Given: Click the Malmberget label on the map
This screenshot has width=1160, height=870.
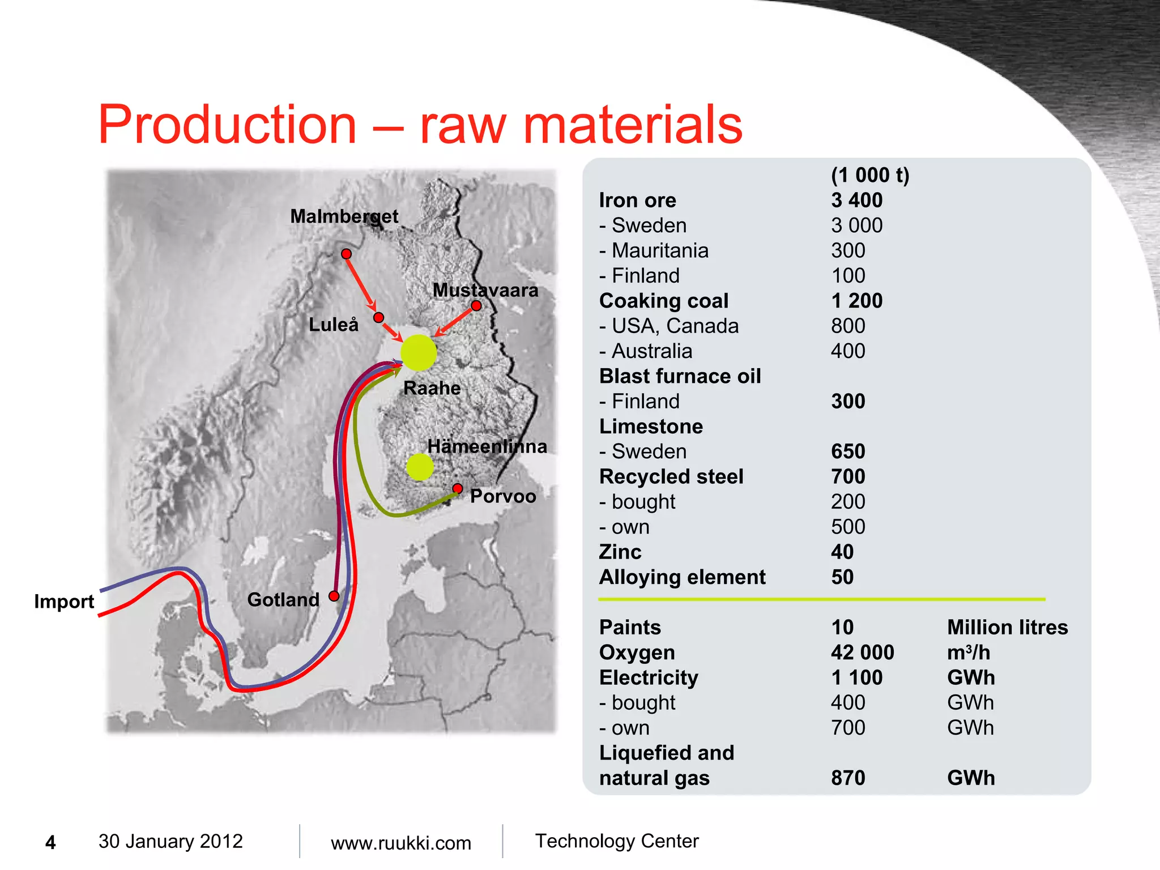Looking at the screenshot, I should pyautogui.click(x=344, y=216).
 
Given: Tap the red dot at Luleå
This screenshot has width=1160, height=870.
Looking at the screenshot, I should pyautogui.click(x=379, y=317).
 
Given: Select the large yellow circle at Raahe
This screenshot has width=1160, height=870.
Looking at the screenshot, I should pyautogui.click(x=419, y=352).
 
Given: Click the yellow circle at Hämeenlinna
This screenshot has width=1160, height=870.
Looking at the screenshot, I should pyautogui.click(x=420, y=467).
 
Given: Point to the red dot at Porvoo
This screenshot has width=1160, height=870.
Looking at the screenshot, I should pyautogui.click(x=458, y=488).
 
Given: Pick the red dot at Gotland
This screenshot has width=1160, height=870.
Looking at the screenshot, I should pyautogui.click(x=334, y=596).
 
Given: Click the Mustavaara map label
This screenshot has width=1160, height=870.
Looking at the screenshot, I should pyautogui.click(x=485, y=290).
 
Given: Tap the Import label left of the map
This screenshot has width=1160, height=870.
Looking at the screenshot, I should pyautogui.click(x=64, y=601).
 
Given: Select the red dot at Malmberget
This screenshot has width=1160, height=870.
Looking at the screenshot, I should pyautogui.click(x=347, y=254).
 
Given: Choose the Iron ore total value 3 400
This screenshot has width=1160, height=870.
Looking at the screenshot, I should pyautogui.click(x=856, y=200).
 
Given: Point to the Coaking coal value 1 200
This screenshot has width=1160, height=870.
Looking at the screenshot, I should pyautogui.click(x=856, y=301).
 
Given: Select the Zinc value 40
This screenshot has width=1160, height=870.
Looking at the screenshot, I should pyautogui.click(x=842, y=552).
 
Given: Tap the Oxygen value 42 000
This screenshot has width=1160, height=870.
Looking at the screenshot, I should pyautogui.click(x=862, y=652).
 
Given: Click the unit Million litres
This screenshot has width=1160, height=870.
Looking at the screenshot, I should pyautogui.click(x=1007, y=627).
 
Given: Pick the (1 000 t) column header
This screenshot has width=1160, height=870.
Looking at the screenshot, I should pyautogui.click(x=869, y=175).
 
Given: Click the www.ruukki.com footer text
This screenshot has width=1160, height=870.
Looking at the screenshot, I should pyautogui.click(x=400, y=843).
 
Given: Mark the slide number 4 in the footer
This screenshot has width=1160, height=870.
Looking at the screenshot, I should pyautogui.click(x=50, y=843).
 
